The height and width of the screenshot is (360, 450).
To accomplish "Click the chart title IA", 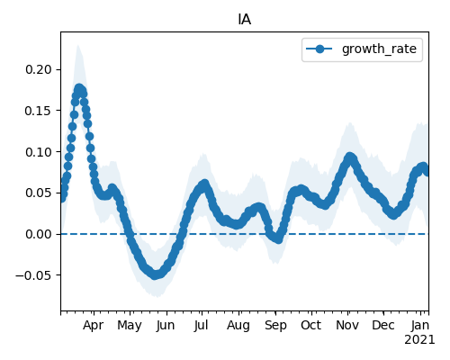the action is (245, 20).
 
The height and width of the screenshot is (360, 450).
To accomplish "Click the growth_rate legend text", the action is (379, 49).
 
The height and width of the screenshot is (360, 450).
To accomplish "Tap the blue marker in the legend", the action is (319, 49).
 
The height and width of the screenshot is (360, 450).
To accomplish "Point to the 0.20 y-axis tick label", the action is (39, 69).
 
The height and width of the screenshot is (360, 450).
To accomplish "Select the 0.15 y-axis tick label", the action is (39, 111).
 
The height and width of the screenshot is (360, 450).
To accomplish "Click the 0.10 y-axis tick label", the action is (39, 152).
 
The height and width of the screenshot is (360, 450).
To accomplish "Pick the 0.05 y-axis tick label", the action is (39, 193).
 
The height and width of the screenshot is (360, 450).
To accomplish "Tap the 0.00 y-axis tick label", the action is (39, 234).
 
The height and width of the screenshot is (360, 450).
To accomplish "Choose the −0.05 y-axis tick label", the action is (34, 275).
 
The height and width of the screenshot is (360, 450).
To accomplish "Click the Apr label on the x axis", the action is (94, 325).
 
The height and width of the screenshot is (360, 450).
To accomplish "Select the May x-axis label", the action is (130, 326).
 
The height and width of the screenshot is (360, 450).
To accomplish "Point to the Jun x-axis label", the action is (166, 325).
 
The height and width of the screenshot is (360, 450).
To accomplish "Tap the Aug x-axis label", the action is (238, 326).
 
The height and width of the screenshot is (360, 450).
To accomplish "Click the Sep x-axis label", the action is (275, 326).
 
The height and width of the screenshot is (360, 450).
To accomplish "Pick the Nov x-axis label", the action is (347, 325).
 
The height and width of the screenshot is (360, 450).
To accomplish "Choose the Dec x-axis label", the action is (383, 325).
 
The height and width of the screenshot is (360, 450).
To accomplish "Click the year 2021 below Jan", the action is (419, 340).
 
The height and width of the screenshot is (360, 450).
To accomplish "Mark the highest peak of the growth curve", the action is (79, 89).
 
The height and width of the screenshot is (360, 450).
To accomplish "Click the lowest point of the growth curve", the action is (155, 274).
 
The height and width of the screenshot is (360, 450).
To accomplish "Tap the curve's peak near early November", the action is (349, 157).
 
